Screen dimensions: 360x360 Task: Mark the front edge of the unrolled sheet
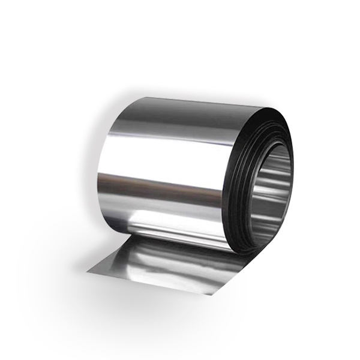[150, 283]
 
